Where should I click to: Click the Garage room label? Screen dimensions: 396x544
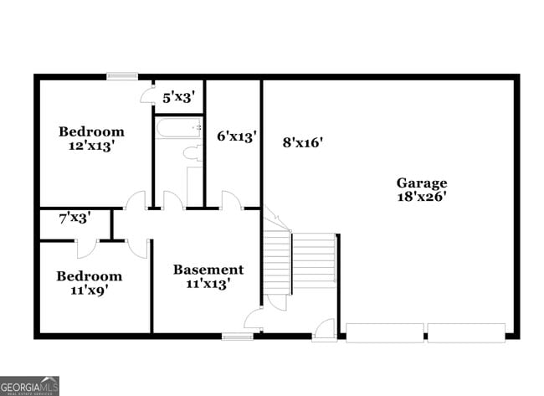(x=421, y=183)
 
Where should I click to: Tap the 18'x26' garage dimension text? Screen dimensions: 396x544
(x=421, y=198)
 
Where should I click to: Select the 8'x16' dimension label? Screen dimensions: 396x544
(x=302, y=142)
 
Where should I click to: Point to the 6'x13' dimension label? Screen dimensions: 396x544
(x=236, y=135)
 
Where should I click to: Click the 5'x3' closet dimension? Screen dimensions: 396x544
(x=178, y=97)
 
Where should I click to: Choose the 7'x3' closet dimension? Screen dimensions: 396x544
(x=74, y=218)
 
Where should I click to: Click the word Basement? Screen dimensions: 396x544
(x=208, y=270)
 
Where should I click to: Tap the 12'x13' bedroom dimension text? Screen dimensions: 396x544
(x=91, y=146)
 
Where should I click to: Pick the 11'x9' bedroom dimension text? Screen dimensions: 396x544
(x=89, y=291)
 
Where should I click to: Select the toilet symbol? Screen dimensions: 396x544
(x=192, y=153)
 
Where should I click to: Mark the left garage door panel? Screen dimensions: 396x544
(x=384, y=332)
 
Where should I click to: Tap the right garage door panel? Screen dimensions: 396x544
(x=466, y=332)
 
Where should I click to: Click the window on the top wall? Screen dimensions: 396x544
(x=121, y=76)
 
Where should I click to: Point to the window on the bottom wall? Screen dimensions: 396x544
(x=238, y=337)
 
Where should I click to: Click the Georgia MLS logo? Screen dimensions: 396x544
(x=29, y=385)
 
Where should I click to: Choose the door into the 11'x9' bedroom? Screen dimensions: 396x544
(x=86, y=248)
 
